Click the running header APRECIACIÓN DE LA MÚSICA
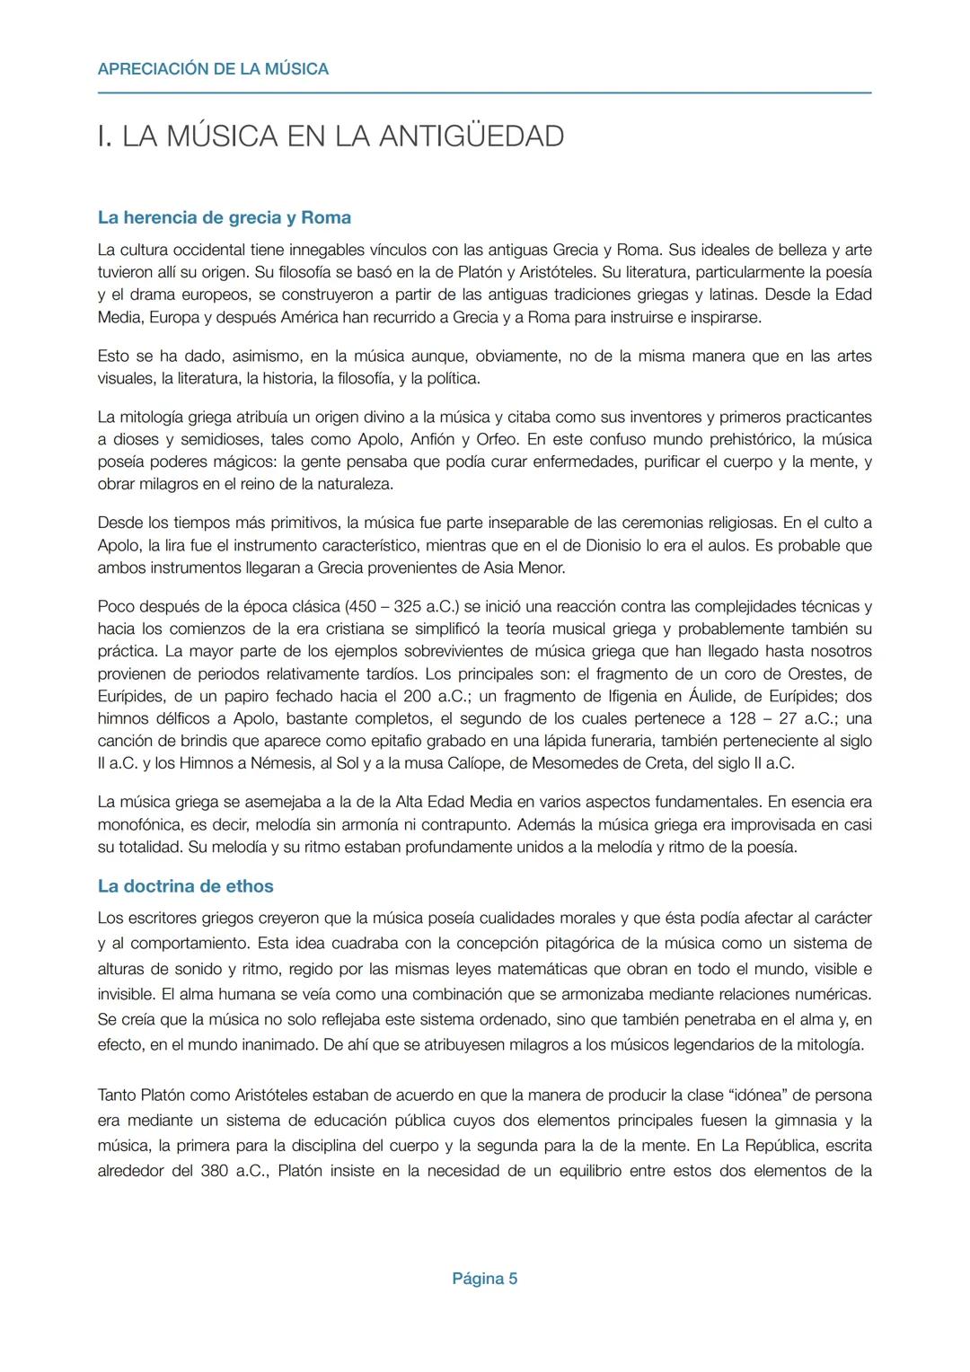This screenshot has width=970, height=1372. click(x=213, y=69)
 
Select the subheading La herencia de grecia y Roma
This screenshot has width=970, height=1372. click(x=224, y=217)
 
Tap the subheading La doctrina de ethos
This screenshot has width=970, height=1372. click(x=185, y=886)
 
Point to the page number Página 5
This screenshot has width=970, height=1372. click(x=484, y=1279)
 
